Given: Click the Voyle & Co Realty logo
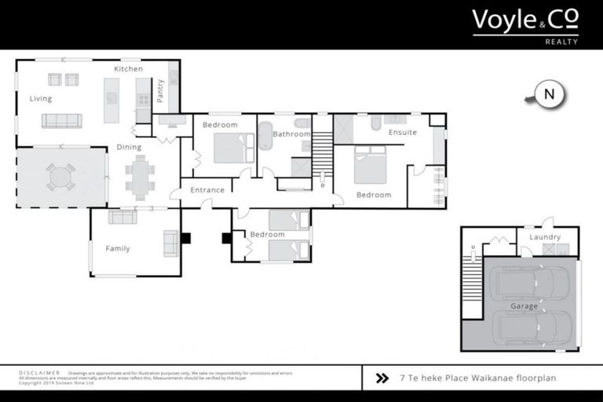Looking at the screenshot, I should (x=525, y=25).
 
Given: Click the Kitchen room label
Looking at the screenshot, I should (x=128, y=69).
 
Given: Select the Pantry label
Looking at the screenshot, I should (x=160, y=90).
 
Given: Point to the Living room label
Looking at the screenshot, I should (x=41, y=99).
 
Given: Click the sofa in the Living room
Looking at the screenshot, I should (x=61, y=120).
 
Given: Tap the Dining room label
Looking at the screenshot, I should (x=129, y=147).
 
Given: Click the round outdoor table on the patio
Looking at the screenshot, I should (x=60, y=177).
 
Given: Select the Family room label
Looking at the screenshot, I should (x=118, y=249).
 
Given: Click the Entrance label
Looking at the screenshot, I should (x=208, y=190).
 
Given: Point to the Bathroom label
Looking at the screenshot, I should (x=291, y=134).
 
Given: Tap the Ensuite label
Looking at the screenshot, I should (x=403, y=133).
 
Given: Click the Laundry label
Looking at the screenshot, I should (x=545, y=237).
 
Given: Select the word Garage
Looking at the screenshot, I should (x=524, y=306).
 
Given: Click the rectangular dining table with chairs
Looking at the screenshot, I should (x=141, y=177).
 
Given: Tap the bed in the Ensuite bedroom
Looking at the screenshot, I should (x=370, y=165).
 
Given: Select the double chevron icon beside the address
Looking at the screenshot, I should (x=382, y=378).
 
